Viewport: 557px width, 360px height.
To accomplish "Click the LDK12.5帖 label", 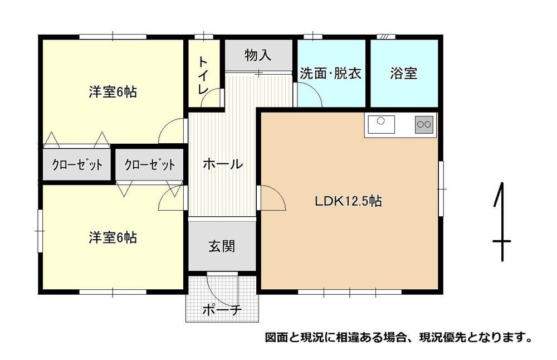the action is (349, 201).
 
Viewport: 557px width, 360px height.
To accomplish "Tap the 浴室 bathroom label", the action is (403, 73).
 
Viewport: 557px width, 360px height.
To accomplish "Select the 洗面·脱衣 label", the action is (331, 73).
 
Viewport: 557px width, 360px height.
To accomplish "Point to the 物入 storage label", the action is (258, 55).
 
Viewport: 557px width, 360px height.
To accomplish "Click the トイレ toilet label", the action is (203, 75).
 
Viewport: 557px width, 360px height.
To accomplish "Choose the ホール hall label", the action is (223, 164).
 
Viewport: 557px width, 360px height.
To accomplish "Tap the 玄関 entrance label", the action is (222, 246).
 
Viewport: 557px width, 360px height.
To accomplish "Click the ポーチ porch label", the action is (222, 310).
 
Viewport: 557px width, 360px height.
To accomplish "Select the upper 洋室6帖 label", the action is (113, 92).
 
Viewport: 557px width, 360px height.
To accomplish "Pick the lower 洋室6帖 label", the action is (113, 237).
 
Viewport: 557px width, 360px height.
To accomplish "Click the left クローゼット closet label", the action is (77, 164).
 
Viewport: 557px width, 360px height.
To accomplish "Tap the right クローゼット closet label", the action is (150, 164).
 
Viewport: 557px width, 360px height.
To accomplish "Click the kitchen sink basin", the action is (381, 124).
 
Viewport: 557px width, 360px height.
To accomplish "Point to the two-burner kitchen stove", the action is (424, 124).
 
